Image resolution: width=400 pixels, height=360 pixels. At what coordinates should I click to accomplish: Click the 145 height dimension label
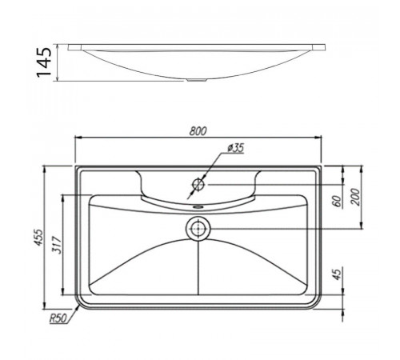point(44,62)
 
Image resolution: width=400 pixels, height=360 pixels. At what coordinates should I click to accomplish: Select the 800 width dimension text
point(198,131)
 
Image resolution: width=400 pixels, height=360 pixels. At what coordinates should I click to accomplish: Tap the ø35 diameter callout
point(236,148)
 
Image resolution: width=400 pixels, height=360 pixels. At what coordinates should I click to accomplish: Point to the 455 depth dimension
point(38,238)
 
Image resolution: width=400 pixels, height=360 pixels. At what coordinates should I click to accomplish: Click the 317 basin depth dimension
point(57,245)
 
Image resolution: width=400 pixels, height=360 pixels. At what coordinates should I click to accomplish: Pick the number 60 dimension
point(337,201)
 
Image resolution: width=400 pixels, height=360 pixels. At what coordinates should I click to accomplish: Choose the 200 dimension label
point(355,197)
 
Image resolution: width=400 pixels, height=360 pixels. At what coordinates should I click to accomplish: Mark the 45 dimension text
point(337,274)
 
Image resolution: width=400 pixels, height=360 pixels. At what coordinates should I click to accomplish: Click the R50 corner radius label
point(58,318)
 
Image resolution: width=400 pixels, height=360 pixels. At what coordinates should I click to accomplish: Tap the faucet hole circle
point(198,184)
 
